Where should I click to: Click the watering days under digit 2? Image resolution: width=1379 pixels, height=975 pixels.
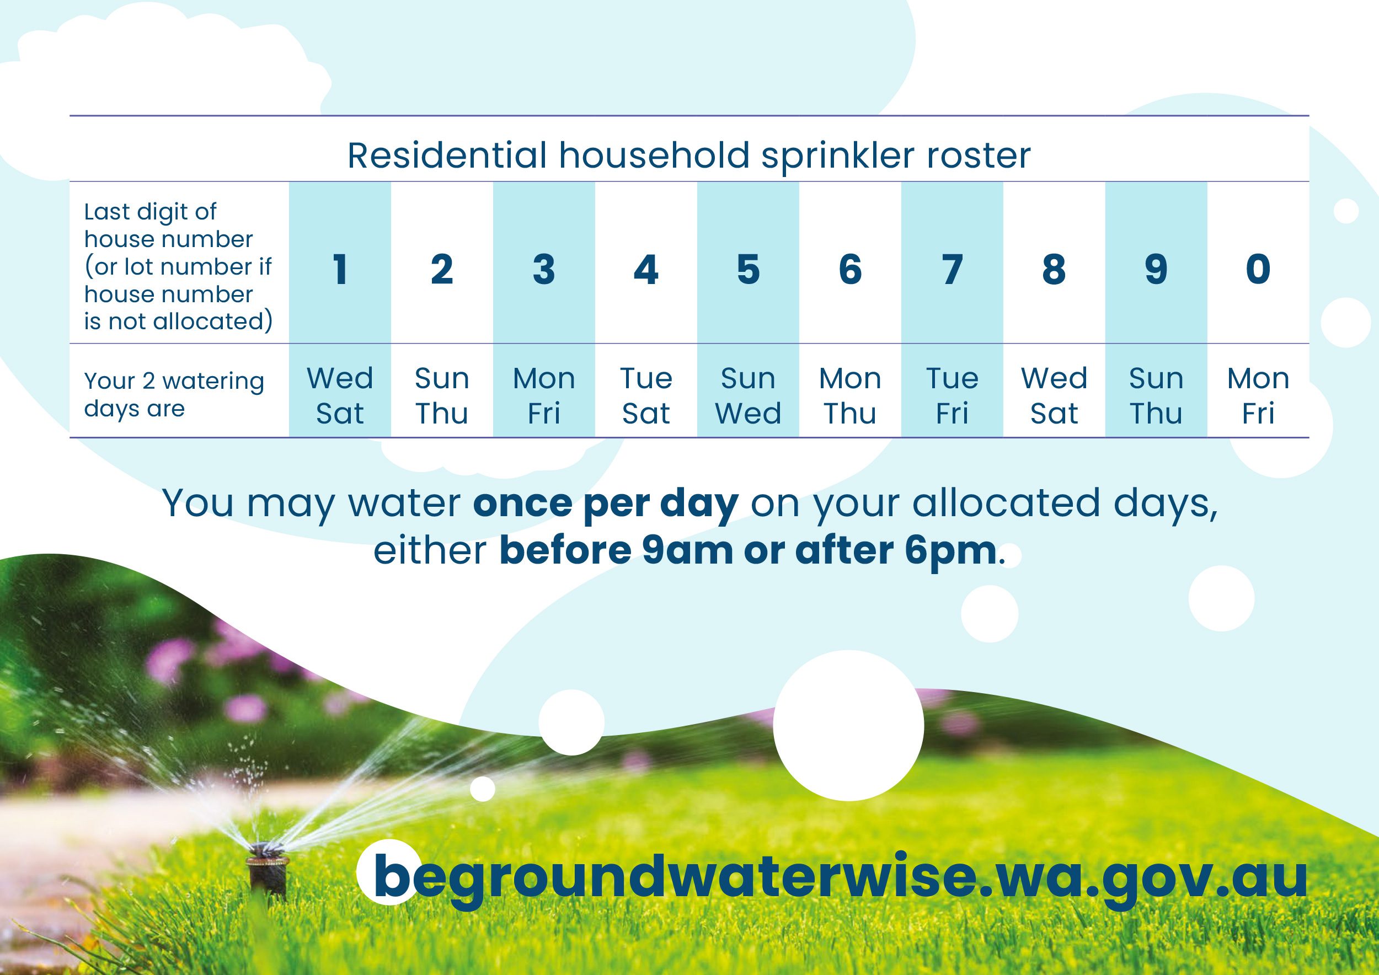point(441,395)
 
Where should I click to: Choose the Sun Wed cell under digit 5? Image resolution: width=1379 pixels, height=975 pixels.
point(748,395)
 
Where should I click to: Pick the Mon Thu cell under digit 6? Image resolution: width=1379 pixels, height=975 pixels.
point(850,395)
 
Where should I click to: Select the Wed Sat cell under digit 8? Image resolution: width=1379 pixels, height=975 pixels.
point(1054,395)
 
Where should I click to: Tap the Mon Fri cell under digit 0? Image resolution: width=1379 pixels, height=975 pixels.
point(1258,395)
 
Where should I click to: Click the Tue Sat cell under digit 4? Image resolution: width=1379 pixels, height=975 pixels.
point(646,395)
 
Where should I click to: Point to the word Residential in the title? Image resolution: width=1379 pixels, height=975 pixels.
point(447,156)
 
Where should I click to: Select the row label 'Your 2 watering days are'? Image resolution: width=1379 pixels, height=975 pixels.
point(174,394)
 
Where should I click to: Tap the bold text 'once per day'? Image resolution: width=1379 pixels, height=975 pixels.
point(606,503)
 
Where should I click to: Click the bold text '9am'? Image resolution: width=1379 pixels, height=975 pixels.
point(688,551)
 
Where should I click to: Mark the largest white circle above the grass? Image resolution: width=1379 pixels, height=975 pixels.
point(848,725)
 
